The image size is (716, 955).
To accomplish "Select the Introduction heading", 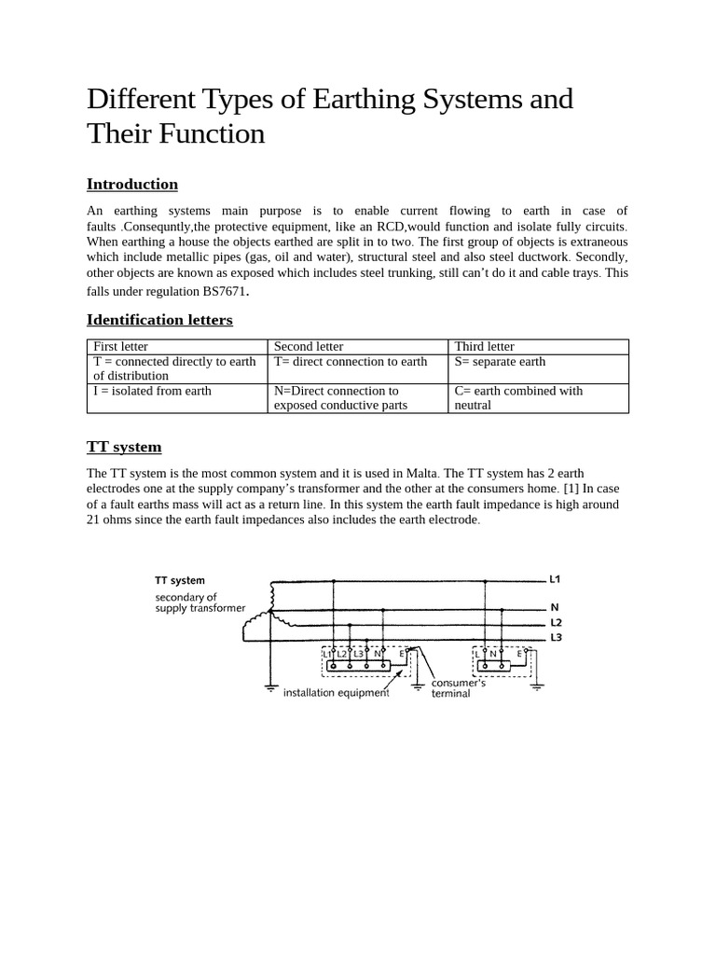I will pos(131,184).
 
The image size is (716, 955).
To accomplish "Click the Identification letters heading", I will pos(159,320).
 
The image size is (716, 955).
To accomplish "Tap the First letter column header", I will pos(120,346).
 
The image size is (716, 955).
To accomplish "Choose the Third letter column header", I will pos(484,346).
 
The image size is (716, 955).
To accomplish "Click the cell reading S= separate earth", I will pos(500,361).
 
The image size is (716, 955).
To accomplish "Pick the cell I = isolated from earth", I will pos(152,391).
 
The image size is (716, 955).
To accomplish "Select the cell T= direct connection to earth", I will pos(351,361).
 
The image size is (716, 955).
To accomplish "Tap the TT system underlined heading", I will pos(124,447).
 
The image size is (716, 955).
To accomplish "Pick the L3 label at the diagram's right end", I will pos(557,637).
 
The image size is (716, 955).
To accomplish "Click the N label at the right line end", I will pos(554,606).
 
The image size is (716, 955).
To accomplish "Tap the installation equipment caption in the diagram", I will pos(336,693).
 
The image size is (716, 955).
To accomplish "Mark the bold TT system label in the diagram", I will pos(180,580).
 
